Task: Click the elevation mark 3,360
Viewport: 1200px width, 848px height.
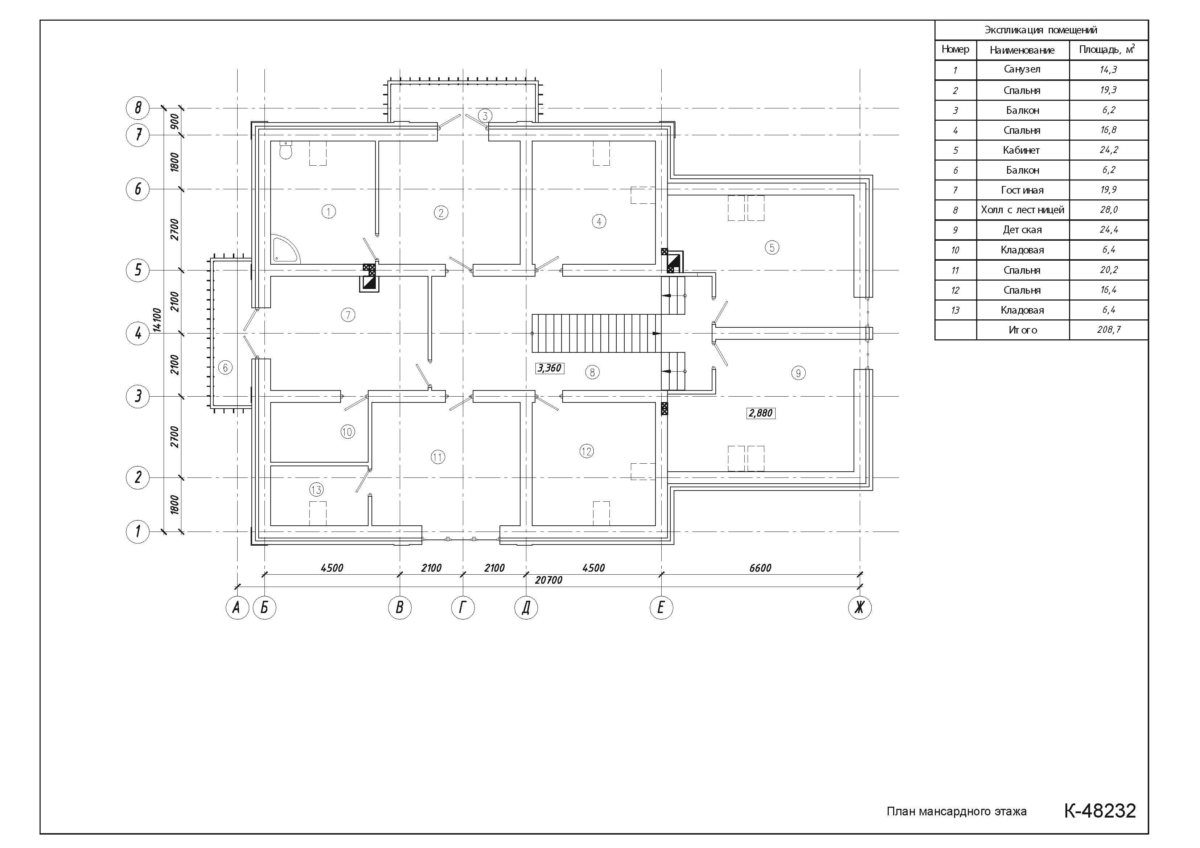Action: tap(549, 368)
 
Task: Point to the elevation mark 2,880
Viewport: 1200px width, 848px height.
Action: tap(760, 413)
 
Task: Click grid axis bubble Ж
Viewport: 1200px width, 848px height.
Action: tap(860, 608)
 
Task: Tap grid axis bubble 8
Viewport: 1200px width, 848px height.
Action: tap(138, 108)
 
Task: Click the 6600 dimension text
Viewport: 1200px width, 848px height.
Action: tap(760, 568)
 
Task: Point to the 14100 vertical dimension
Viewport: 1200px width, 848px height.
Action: tap(157, 320)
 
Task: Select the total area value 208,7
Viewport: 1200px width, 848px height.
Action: tap(1109, 330)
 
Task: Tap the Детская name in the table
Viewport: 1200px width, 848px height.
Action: tap(1022, 230)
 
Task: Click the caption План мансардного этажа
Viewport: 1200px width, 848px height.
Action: tap(957, 811)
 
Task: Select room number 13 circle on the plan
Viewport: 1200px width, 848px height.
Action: tap(316, 489)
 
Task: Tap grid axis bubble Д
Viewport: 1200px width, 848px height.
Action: tap(526, 608)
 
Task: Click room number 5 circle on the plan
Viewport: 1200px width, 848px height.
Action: tap(772, 248)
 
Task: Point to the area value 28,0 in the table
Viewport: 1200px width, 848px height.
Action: tap(1109, 210)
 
